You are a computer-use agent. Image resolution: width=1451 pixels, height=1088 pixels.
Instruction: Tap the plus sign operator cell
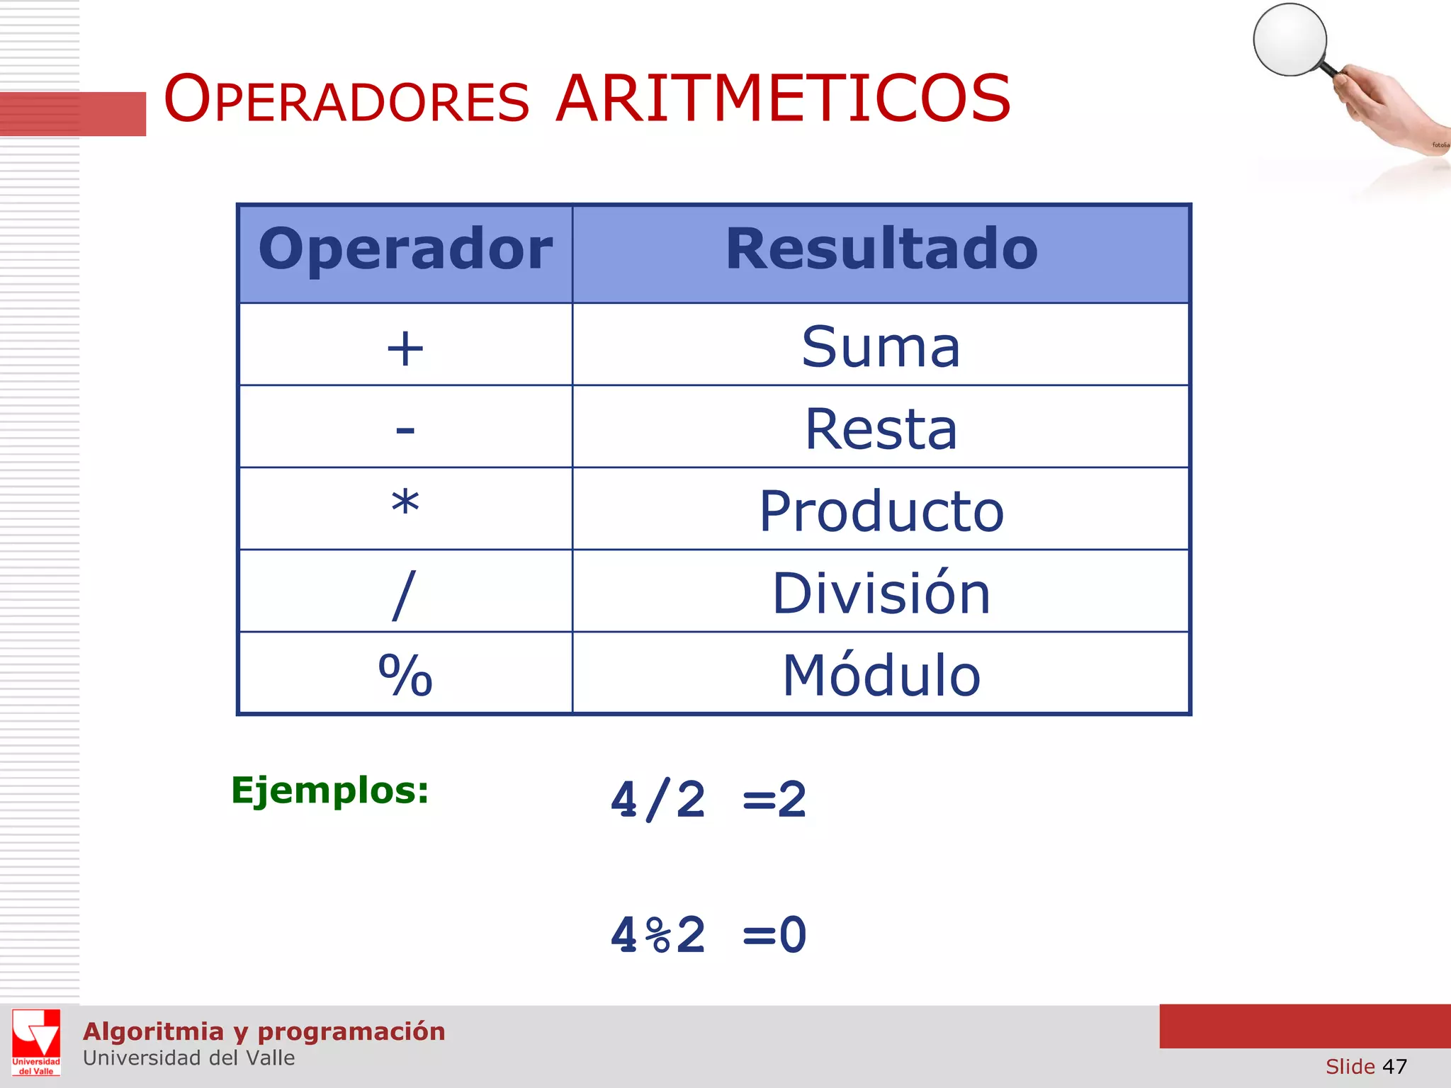coord(405,348)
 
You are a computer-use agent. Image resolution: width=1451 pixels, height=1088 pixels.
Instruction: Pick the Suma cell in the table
coord(881,347)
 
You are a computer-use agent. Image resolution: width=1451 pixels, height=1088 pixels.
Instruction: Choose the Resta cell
coord(881,429)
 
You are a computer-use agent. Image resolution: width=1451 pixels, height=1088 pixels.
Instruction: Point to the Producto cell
coord(881,511)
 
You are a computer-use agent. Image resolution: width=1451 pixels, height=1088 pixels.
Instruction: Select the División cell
coord(881,594)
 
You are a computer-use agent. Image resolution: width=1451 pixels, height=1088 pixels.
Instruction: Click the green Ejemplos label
coord(330,790)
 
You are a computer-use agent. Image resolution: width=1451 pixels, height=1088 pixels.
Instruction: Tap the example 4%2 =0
coord(708,935)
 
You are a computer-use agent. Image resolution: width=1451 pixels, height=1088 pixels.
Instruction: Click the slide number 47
coord(1394,1067)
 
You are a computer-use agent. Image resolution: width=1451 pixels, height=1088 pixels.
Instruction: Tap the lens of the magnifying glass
coord(1289,40)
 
